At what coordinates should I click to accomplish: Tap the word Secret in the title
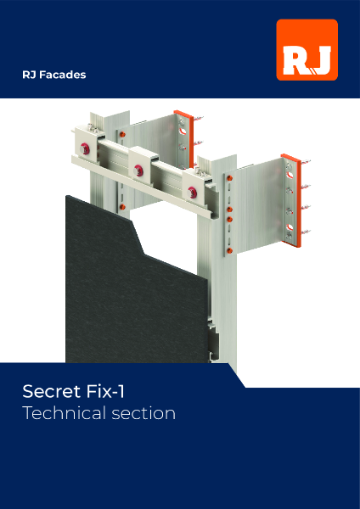coord(48,392)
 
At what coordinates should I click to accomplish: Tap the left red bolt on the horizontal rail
coord(86,149)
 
